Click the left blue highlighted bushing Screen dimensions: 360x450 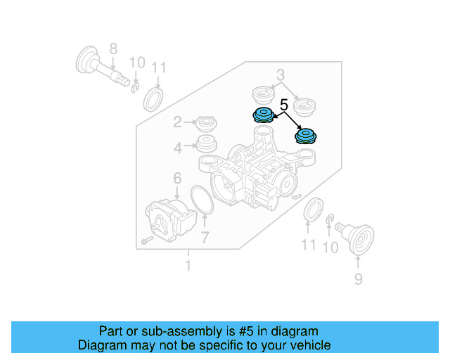click(262, 116)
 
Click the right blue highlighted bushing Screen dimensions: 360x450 click(307, 135)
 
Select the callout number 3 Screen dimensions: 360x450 click(280, 75)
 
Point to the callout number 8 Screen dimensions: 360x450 click(112, 49)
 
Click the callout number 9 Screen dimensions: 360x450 click(358, 280)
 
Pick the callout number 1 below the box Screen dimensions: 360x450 click(188, 266)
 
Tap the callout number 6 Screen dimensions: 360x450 click(177, 179)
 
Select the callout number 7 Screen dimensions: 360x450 click(205, 237)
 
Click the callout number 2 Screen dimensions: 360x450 click(178, 123)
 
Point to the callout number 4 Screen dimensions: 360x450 click(178, 147)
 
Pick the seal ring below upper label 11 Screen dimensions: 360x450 click(153, 99)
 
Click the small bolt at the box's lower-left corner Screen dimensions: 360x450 click(144, 241)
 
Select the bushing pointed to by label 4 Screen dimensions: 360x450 click(206, 146)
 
